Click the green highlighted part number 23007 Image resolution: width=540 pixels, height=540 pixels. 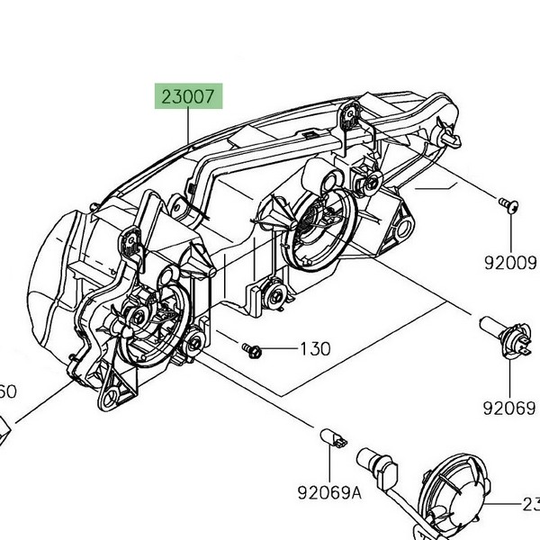pos(189,96)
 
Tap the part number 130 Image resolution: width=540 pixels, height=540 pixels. pos(315,348)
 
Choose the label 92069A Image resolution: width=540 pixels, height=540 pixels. pos(329,492)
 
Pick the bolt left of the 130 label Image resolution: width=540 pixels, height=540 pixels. pos(252,347)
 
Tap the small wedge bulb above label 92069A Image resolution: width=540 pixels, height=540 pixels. pos(334,438)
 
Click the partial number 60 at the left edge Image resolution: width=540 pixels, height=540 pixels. pos(7,392)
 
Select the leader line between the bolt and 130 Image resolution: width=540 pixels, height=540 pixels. pos(279,348)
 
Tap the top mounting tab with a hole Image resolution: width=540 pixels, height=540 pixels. pos(351,115)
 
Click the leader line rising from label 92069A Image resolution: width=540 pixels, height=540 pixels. pos(329,463)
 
